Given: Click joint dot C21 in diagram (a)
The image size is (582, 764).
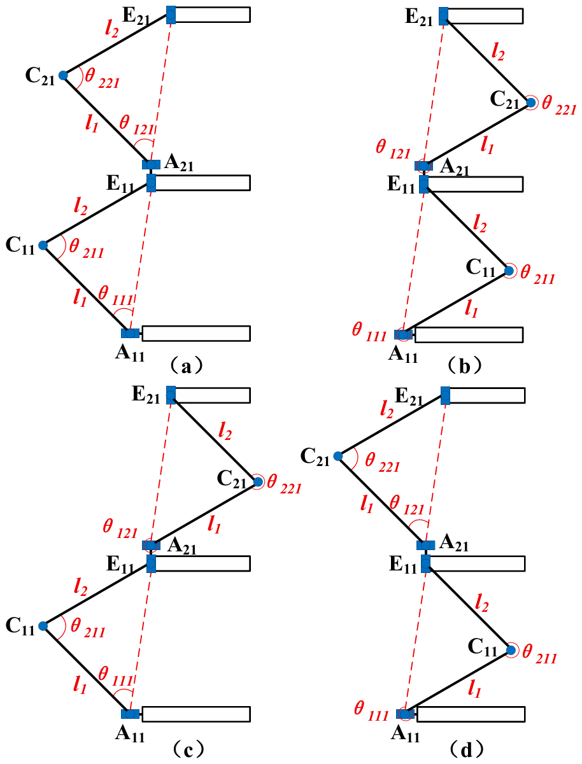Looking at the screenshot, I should (63, 76).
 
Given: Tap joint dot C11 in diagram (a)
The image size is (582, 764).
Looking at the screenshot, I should (43, 245).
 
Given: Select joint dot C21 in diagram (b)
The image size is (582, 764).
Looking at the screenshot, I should (530, 102).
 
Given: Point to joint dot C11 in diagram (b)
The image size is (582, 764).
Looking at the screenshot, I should (509, 271).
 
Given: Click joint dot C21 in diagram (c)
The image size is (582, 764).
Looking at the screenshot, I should (257, 482).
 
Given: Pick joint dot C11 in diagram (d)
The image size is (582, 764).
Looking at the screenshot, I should (511, 650).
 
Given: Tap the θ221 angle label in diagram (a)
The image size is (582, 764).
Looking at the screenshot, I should (103, 76).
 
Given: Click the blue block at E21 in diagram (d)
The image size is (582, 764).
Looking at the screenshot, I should (445, 395).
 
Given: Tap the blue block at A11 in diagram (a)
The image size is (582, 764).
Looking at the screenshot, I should (131, 333).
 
